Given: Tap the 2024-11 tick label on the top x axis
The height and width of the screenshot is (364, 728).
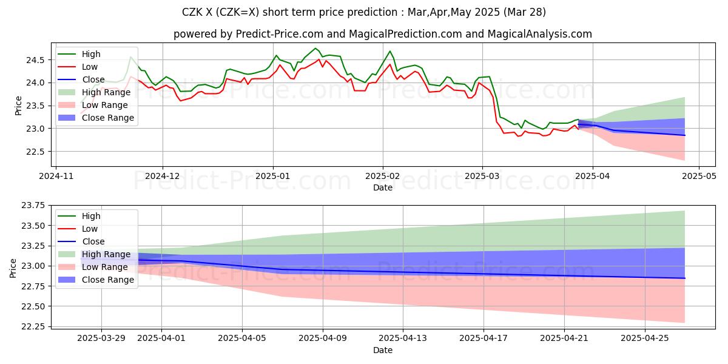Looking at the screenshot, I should coord(56,177).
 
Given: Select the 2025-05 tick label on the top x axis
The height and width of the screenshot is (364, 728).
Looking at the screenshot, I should coord(699,177).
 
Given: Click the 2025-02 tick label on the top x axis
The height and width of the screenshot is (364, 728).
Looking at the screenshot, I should coord(383,177).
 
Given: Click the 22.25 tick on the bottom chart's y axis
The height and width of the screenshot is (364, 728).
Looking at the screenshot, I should coord(33,326).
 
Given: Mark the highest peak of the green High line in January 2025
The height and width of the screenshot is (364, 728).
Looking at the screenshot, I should coord(315,49).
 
